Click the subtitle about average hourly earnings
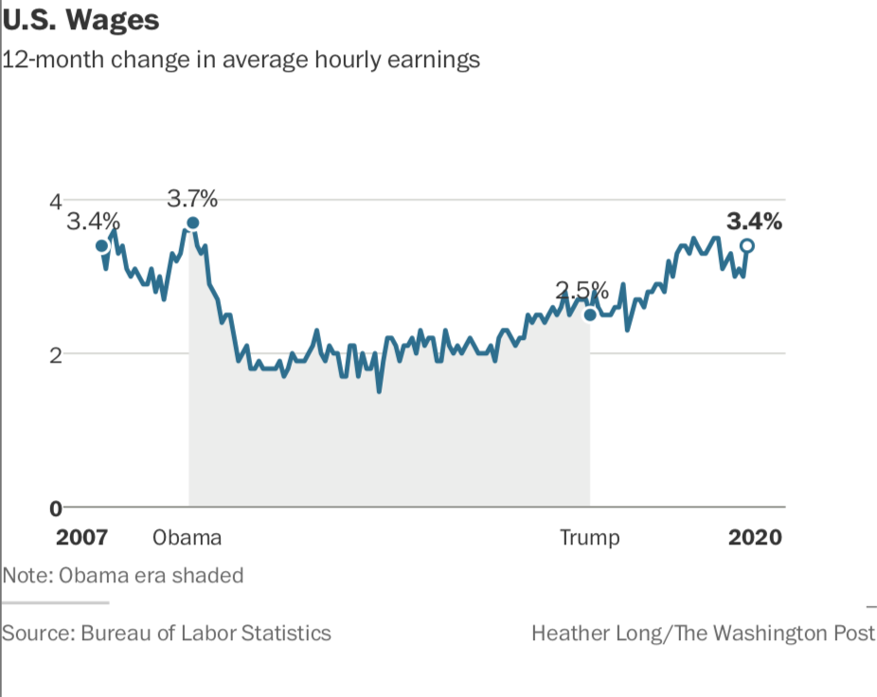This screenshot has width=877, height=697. tap(242, 60)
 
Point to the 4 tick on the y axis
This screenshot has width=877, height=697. tap(55, 201)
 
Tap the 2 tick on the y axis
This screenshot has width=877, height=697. tap(55, 354)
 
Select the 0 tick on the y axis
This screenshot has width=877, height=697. tap(55, 508)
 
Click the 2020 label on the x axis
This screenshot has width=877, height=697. tap(755, 538)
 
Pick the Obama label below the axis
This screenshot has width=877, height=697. tap(187, 538)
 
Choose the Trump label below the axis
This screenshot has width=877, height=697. tap(589, 538)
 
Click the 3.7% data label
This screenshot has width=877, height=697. tap(192, 199)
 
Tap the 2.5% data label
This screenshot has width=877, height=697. tap(582, 290)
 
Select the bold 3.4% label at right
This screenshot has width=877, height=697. tap(754, 222)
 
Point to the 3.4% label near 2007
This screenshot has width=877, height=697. tap(93, 222)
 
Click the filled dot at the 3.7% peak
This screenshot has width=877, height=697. tap(192, 223)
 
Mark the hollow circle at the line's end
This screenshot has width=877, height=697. tap(746, 246)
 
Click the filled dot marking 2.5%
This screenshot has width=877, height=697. tap(589, 314)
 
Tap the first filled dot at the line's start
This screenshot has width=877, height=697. tap(101, 246)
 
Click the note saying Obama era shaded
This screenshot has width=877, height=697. tap(123, 575)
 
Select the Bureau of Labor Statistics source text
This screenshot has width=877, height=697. tap(167, 633)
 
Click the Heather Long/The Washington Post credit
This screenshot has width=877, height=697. tap(703, 633)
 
